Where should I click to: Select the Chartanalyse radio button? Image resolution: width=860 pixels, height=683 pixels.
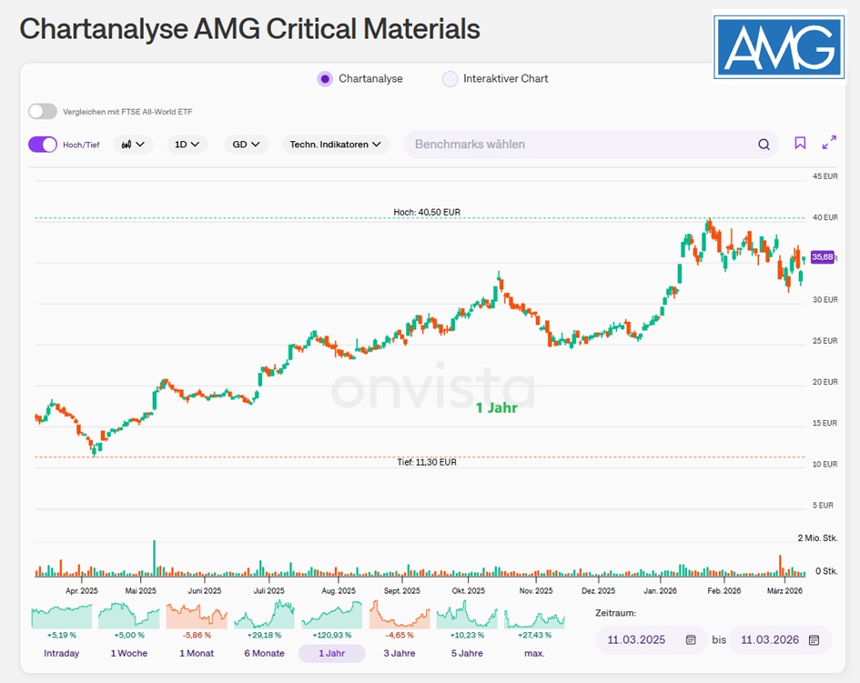pos(325,78)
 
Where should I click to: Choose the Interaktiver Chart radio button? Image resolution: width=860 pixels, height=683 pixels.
pos(450,78)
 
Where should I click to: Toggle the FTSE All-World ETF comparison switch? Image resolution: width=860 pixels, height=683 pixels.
pos(42,111)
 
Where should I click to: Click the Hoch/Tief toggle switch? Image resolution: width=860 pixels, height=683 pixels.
pos(42,144)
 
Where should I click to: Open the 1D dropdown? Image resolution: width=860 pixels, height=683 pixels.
pos(187,144)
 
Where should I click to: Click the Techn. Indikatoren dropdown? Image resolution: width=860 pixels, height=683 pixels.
pos(335,144)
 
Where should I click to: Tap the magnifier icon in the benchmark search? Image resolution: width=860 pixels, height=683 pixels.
pos(764,144)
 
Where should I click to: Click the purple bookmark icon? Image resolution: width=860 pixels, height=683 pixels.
pos(800,143)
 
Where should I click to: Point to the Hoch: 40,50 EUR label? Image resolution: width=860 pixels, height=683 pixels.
pos(427,212)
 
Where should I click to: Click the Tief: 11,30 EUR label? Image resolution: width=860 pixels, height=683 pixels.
pos(427,462)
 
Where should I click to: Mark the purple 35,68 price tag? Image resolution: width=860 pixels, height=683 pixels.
pos(823,257)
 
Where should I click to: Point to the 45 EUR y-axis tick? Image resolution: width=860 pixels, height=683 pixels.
pos(825,176)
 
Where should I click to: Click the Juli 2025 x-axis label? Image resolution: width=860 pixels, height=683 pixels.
pos(268,590)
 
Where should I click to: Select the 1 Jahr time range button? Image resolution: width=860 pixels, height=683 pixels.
pos(331,653)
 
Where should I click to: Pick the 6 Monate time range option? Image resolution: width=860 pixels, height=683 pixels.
pos(263,653)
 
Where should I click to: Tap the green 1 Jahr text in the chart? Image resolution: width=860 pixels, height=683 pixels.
pos(496,407)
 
